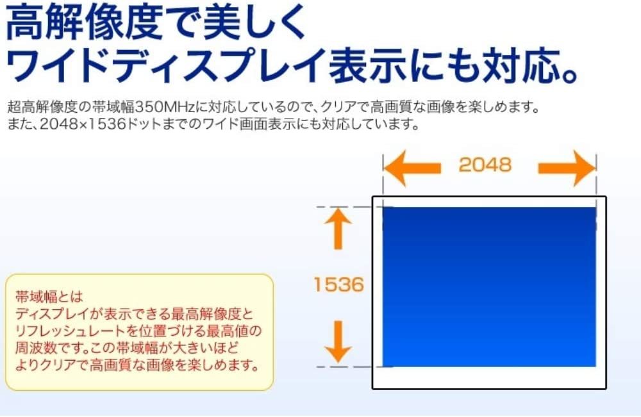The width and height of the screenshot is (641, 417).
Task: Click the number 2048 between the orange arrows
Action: point(485,165)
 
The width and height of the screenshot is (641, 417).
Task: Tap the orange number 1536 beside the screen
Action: point(338,284)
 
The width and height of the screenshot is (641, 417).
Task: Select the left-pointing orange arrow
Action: point(412,168)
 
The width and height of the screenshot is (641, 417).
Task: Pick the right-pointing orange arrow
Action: point(567,168)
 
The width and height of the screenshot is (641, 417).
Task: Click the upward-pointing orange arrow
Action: point(338,229)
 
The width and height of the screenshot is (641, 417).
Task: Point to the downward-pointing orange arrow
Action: point(338,341)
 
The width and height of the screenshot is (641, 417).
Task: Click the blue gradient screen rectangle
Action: point(489,287)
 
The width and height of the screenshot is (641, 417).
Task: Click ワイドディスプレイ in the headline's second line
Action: point(166,65)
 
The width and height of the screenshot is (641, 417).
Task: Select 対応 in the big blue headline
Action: point(521,65)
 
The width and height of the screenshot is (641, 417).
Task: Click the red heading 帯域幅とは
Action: point(49,296)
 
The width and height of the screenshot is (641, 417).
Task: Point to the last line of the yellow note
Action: point(137,364)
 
